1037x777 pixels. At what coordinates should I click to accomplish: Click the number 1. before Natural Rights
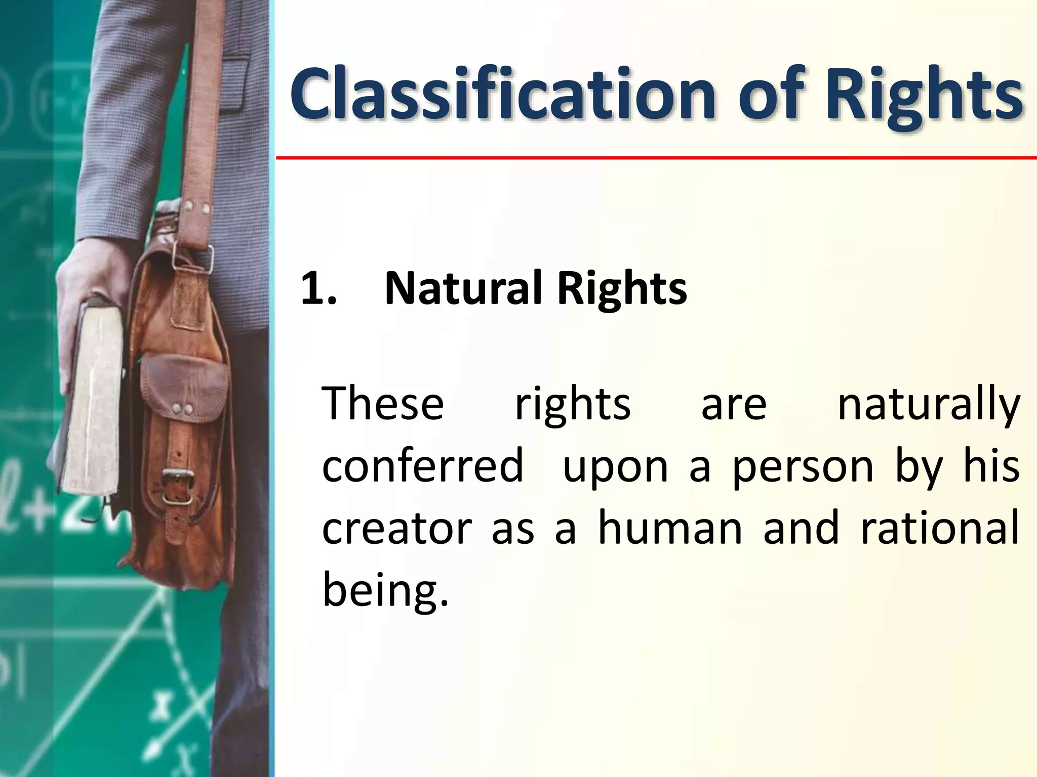[318, 289]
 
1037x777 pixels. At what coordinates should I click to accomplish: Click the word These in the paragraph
[383, 404]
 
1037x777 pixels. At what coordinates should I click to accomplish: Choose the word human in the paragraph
[670, 528]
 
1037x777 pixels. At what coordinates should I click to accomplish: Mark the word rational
[939, 528]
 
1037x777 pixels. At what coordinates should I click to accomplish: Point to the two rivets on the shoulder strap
[198, 207]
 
